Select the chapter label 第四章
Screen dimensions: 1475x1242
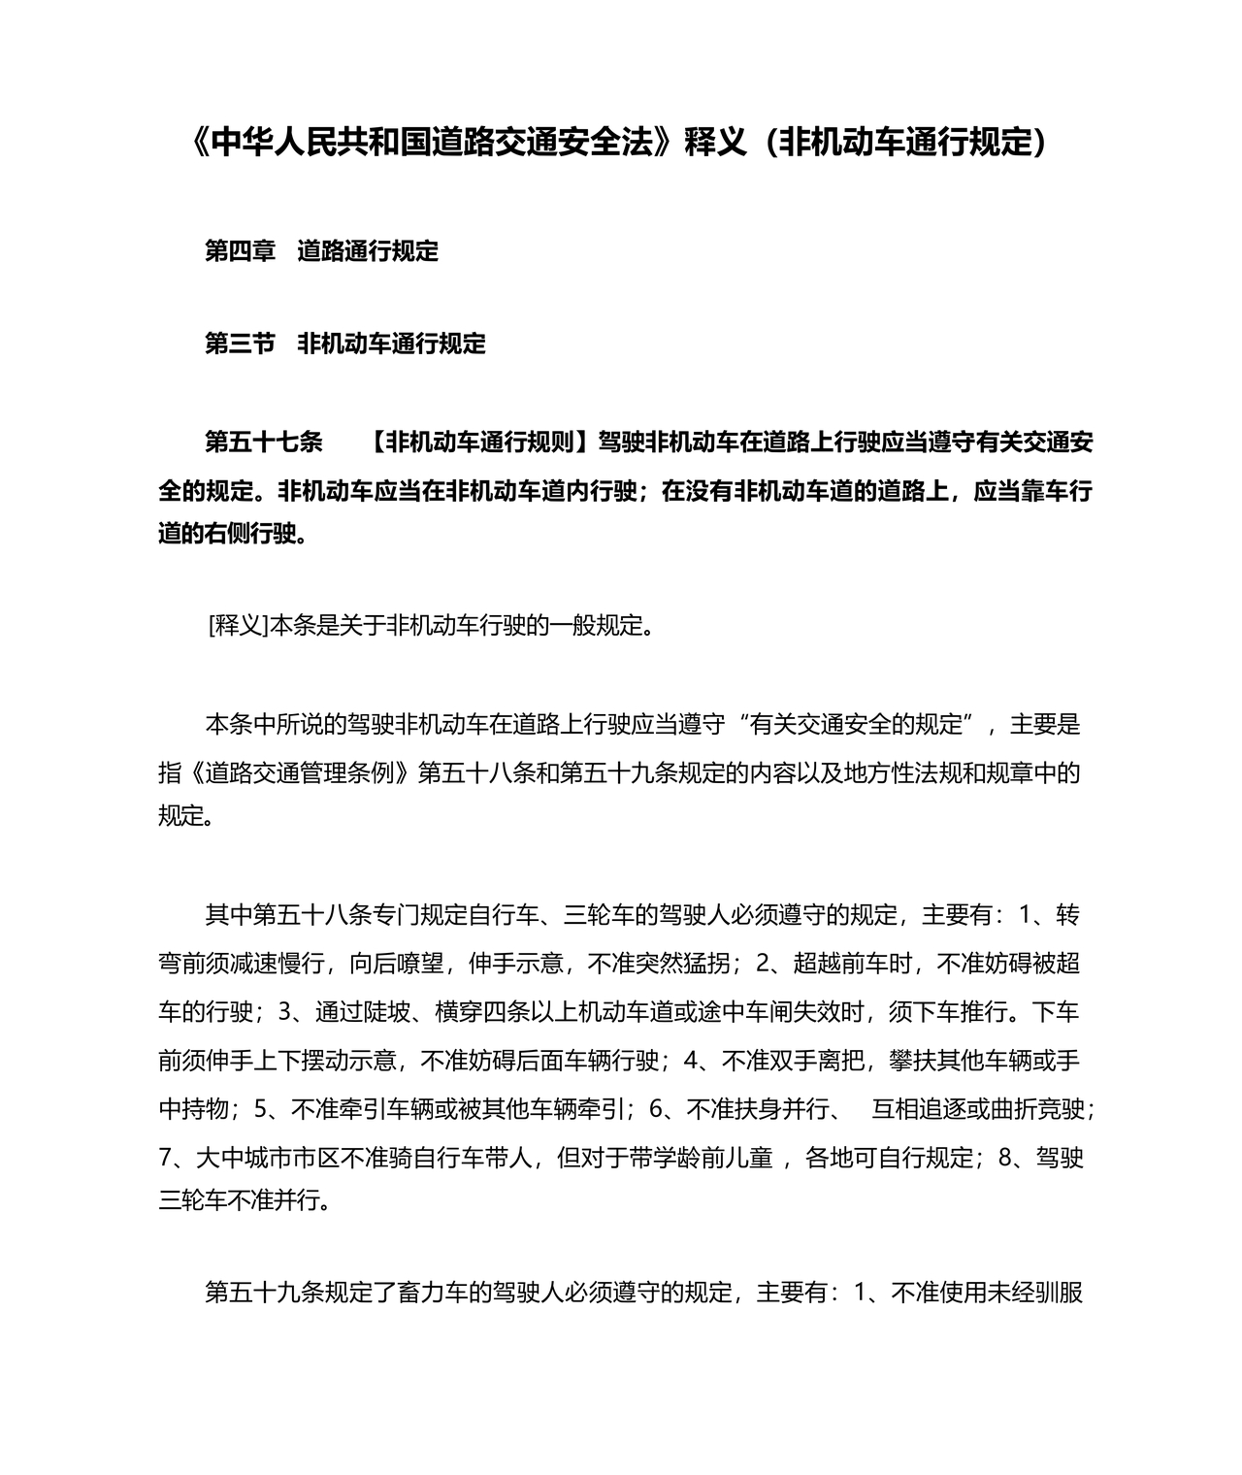click(x=240, y=251)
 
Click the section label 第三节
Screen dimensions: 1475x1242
click(x=240, y=344)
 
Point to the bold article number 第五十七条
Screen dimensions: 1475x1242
click(x=263, y=442)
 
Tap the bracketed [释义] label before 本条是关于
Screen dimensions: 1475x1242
click(x=237, y=625)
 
